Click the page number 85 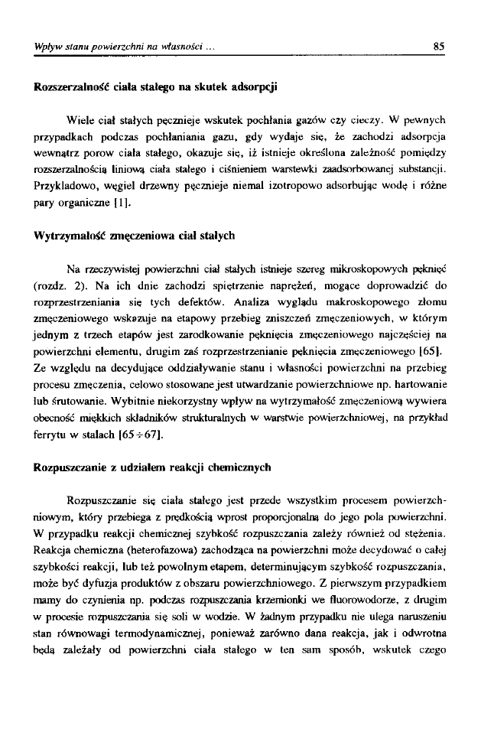pyautogui.click(x=439, y=46)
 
